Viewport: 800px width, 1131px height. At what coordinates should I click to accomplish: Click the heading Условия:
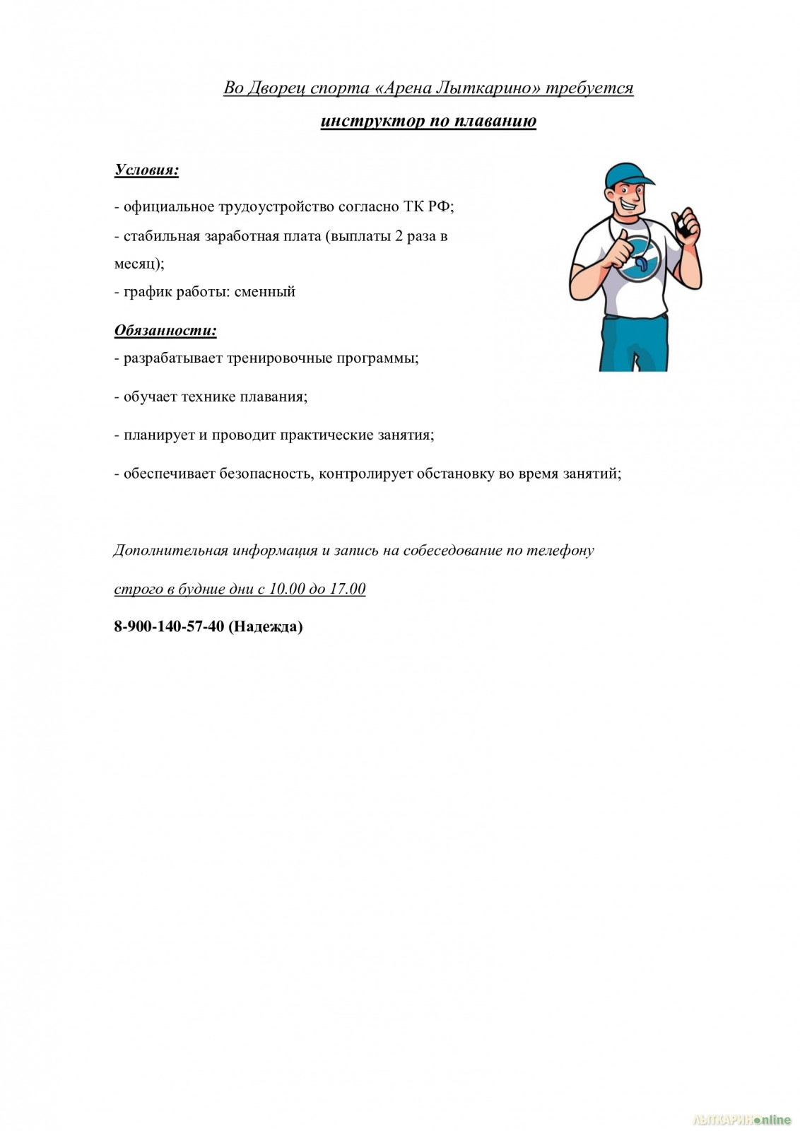click(146, 170)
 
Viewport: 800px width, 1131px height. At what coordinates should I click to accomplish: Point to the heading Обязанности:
click(165, 330)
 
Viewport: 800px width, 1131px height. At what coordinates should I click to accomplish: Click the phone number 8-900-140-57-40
click(169, 626)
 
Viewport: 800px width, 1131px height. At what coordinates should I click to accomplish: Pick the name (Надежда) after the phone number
click(266, 626)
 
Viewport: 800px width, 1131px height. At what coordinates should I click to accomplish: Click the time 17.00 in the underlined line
click(348, 589)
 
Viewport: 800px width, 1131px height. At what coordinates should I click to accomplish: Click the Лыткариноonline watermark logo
click(741, 1120)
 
